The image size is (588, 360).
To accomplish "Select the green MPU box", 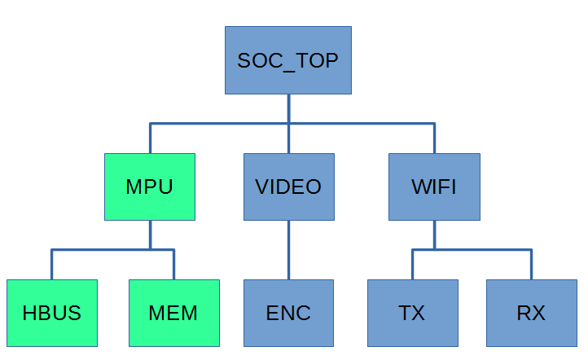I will click(150, 187).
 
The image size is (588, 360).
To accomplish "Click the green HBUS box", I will click(52, 313).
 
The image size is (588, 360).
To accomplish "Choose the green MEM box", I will click(174, 313).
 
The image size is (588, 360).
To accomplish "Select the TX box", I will click(412, 313).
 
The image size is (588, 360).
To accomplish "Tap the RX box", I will click(531, 313).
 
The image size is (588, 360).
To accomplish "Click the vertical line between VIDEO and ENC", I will click(288, 249).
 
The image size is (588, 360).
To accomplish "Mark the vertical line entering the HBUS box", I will click(52, 265).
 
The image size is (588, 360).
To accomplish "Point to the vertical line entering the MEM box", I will click(174, 265).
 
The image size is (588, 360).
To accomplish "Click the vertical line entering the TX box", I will click(412, 265).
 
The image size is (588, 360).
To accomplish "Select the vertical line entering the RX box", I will click(531, 265).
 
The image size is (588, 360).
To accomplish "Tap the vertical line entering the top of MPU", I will click(150, 138).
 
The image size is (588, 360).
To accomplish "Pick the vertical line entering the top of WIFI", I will click(434, 138).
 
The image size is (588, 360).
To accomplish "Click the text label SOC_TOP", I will click(288, 61).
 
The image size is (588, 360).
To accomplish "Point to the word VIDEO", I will click(288, 187).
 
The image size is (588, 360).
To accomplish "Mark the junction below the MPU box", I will click(150, 249).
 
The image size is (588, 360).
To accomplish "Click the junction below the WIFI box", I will click(434, 249).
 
